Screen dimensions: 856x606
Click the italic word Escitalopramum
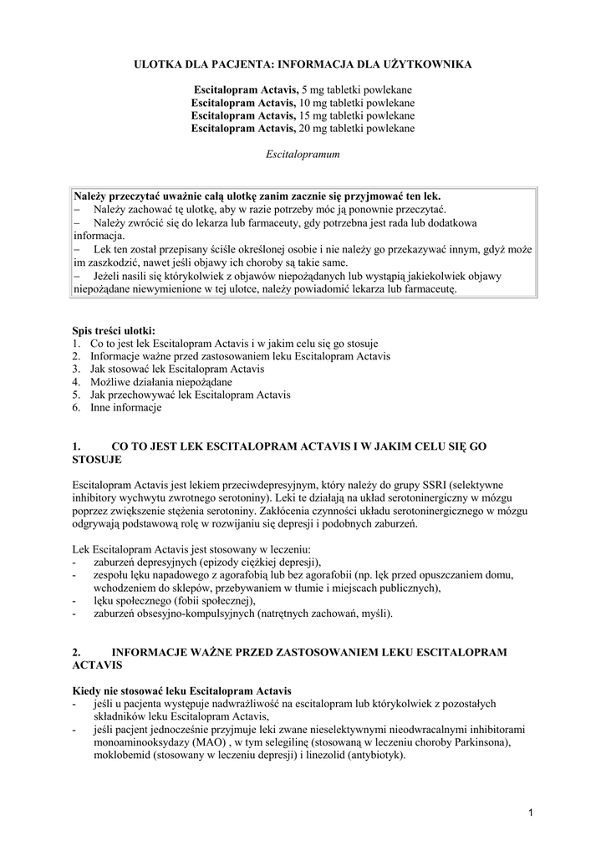pos(303,155)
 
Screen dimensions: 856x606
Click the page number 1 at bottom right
pos(531,813)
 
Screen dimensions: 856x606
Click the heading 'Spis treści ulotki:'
pos(114,330)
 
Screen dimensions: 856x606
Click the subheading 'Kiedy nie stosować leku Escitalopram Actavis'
pos(182,690)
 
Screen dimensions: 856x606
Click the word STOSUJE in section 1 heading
pos(97,460)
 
